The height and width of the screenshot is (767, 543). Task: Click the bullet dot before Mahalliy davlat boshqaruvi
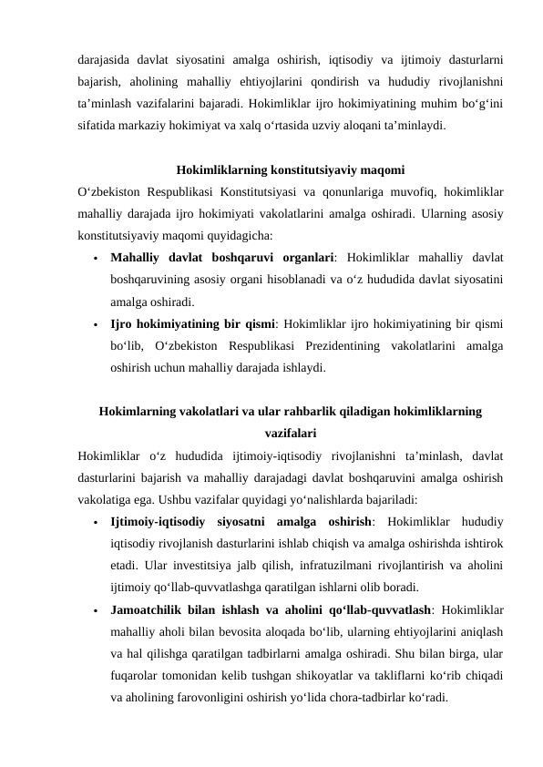point(95,259)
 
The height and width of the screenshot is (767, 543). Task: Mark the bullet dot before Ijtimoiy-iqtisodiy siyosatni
point(95,523)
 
